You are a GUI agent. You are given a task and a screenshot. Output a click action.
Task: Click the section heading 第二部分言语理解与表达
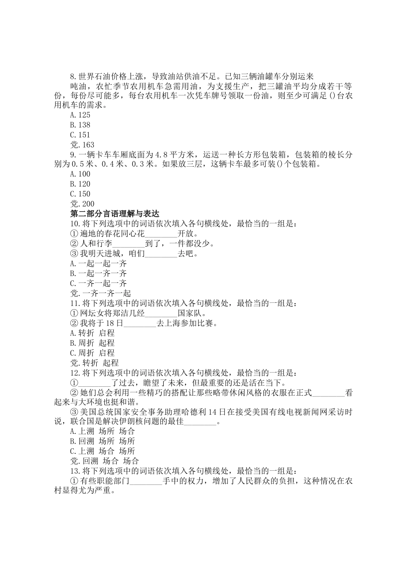point(114,214)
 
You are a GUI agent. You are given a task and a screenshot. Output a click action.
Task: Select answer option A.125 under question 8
point(80,115)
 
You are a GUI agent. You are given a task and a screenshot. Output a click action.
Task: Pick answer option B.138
point(80,125)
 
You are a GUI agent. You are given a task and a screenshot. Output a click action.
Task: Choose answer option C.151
point(80,135)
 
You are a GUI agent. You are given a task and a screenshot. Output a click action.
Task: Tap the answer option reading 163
point(82,145)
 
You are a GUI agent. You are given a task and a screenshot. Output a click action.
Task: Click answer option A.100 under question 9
point(80,174)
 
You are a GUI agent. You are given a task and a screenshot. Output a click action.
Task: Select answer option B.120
point(80,184)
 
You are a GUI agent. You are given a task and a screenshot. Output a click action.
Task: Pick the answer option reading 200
point(82,204)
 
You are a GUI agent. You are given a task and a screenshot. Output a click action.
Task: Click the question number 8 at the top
point(73,77)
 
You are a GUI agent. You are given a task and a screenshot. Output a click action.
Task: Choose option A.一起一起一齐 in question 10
point(98,263)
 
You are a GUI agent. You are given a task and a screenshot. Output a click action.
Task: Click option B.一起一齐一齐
point(98,274)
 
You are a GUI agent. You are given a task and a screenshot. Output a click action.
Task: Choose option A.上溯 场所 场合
point(103,431)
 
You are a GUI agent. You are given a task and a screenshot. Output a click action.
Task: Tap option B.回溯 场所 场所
point(103,441)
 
